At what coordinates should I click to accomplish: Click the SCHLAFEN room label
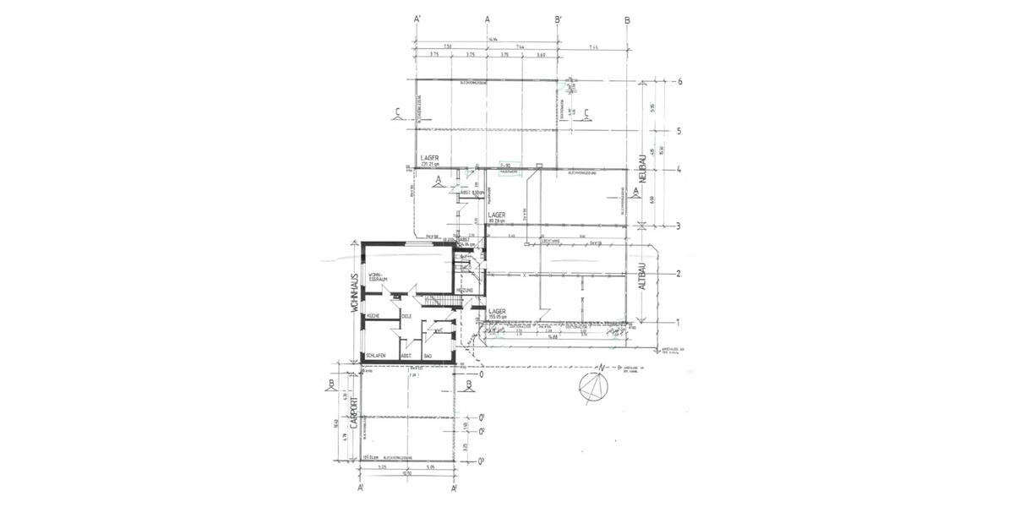(x=376, y=356)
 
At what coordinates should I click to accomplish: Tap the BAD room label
(x=428, y=356)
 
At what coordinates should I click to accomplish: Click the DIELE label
(x=406, y=316)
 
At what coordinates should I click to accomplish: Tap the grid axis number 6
(x=679, y=82)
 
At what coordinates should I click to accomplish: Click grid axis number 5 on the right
(x=679, y=131)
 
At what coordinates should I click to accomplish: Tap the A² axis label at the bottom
(x=454, y=488)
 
